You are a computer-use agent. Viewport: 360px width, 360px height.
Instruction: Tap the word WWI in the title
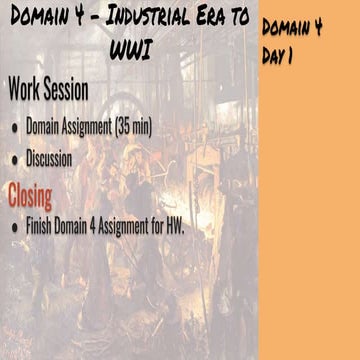(127, 49)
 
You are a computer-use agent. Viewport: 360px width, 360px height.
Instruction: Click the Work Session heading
(48, 90)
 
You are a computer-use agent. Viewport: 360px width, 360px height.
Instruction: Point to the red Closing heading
(30, 192)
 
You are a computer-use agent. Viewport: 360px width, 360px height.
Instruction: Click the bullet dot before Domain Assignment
(13, 128)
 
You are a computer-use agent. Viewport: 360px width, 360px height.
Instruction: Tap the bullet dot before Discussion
(13, 160)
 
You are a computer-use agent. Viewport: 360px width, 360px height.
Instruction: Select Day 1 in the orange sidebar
(276, 57)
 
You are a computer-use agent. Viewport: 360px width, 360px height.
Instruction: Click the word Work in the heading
(23, 90)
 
